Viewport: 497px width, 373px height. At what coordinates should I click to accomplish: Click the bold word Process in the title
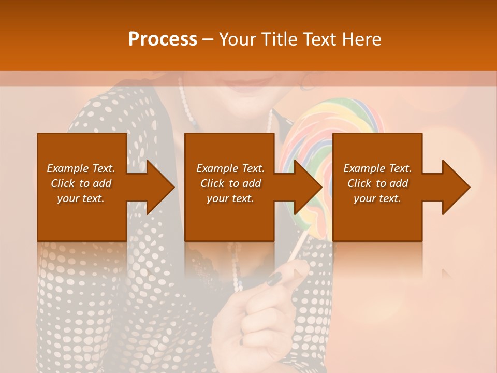click(163, 39)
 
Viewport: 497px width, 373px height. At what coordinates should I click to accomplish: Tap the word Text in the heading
click(320, 39)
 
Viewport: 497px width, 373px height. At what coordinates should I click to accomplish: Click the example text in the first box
click(81, 183)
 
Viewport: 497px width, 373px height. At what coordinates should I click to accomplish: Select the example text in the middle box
click(230, 183)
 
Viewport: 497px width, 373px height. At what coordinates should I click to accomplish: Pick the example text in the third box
click(377, 183)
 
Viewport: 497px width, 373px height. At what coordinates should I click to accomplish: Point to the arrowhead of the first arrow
click(160, 187)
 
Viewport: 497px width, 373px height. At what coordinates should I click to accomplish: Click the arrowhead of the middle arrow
click(309, 187)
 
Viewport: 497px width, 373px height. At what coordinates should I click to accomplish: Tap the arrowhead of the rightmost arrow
click(456, 187)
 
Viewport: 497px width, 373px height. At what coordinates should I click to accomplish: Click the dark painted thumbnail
click(275, 278)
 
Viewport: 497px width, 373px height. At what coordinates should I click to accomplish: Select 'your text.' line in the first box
click(81, 198)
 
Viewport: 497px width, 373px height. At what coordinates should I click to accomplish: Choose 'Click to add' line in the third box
click(377, 183)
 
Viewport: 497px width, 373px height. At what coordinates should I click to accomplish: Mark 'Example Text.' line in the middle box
click(230, 168)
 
